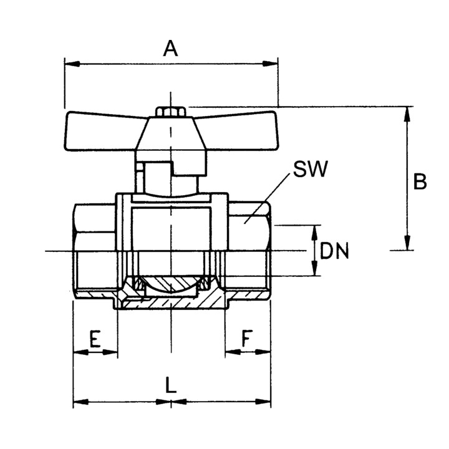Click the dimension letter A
(170, 49)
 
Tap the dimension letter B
(420, 181)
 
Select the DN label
(334, 251)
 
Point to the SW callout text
(311, 169)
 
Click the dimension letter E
(95, 339)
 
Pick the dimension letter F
(248, 338)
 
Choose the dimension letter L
(171, 385)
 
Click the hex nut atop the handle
(171, 112)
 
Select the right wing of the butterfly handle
(238, 131)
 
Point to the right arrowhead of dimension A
(270, 64)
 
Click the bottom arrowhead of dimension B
(407, 243)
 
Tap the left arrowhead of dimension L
(81, 402)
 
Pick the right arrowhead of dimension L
(263, 402)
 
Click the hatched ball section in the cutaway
(171, 284)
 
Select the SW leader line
(267, 198)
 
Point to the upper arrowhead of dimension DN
(314, 233)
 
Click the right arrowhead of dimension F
(263, 352)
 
